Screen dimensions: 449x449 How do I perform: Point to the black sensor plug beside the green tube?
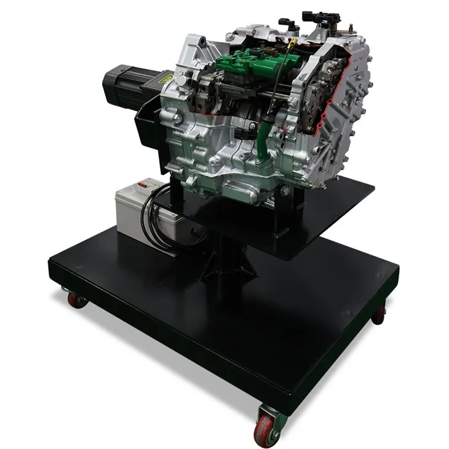[x=252, y=127]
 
